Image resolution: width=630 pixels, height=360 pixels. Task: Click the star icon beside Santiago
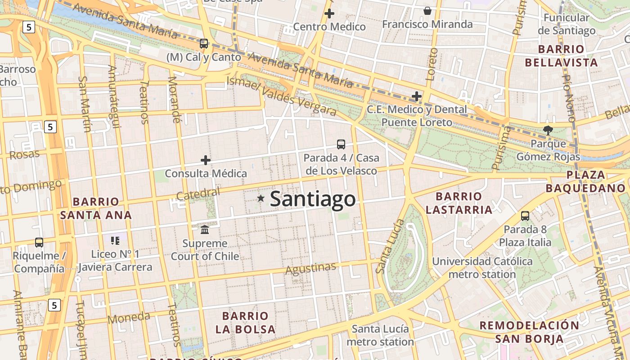click(261, 198)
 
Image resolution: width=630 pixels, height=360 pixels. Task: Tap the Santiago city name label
click(313, 199)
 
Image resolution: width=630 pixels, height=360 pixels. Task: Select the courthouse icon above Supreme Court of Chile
click(205, 229)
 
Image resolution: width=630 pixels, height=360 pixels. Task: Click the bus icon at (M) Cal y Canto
click(204, 44)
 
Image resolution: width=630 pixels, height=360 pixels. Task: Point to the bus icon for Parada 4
click(341, 144)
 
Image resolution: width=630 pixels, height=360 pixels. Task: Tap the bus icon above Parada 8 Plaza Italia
click(525, 216)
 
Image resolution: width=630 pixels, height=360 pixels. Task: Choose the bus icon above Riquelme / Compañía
click(39, 243)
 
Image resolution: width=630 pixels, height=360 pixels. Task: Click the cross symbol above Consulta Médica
click(206, 160)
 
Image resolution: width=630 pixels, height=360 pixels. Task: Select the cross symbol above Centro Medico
click(329, 13)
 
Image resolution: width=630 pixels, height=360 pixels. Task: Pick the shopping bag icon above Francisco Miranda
click(427, 11)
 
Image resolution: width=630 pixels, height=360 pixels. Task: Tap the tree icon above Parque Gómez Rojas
click(548, 130)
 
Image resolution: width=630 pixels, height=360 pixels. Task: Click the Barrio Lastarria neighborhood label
click(459, 203)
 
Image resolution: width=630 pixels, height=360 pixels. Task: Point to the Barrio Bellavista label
click(561, 56)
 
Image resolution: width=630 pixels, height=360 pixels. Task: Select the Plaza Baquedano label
click(586, 181)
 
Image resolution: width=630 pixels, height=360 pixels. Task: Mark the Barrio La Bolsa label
click(245, 322)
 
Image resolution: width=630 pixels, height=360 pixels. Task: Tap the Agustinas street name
click(310, 269)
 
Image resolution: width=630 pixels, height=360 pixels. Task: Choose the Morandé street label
click(174, 99)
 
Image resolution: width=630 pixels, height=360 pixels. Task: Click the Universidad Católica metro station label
click(482, 268)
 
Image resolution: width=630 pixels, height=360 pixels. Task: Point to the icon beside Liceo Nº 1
click(115, 241)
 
